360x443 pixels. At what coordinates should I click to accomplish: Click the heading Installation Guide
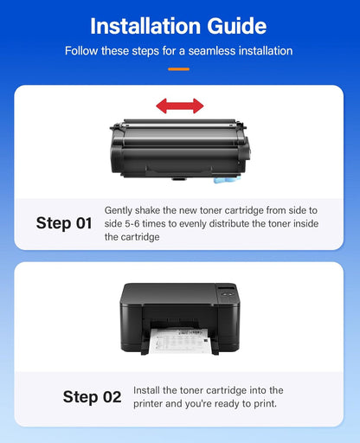click(179, 25)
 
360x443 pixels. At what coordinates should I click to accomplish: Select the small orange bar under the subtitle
click(179, 67)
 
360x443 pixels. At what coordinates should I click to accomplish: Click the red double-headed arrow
click(179, 106)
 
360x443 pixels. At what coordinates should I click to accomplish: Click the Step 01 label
click(64, 223)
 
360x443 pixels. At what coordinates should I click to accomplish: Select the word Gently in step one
click(120, 210)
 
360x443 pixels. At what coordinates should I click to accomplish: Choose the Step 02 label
click(92, 397)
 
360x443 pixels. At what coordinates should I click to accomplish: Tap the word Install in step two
click(148, 391)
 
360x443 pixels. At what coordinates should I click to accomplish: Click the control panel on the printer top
click(227, 292)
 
